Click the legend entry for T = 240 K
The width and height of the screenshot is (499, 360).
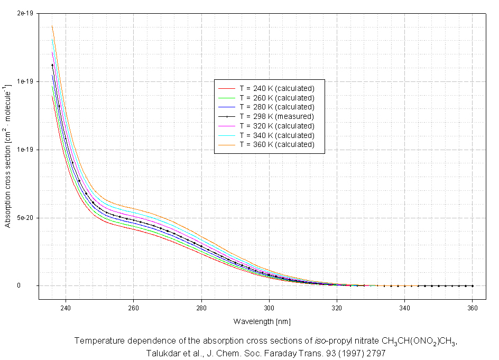point(276,88)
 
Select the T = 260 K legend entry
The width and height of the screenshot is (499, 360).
point(276,98)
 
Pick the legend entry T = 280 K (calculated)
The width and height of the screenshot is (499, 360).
point(276,107)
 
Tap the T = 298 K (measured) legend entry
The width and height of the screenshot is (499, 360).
point(276,116)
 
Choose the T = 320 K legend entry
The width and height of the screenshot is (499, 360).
point(276,126)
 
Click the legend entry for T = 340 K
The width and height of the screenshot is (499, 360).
point(276,135)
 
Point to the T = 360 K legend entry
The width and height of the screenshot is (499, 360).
point(276,144)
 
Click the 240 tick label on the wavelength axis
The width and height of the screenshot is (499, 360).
point(66,306)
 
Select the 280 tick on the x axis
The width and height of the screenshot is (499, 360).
point(201,306)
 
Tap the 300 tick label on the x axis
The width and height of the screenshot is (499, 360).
point(269,306)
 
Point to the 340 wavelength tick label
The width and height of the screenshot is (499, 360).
point(405,306)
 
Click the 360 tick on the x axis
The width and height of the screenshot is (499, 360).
point(473,306)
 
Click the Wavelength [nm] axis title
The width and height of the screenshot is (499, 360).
point(262,321)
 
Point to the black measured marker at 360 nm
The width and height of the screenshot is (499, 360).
point(473,286)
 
